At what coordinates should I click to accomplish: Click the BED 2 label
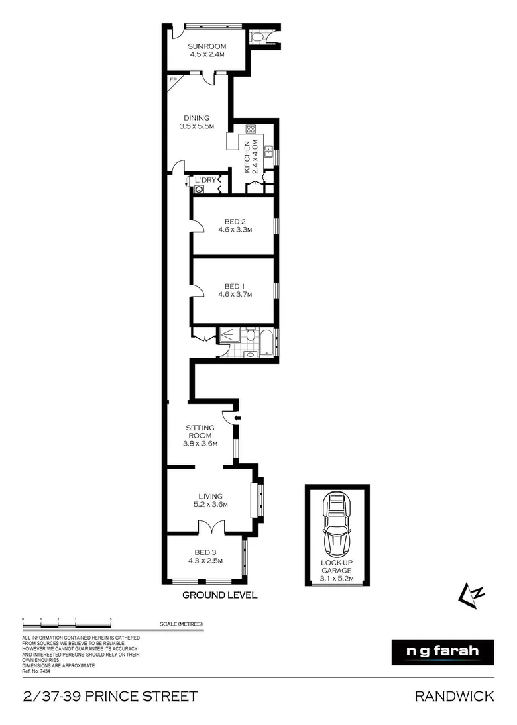tap(234, 225)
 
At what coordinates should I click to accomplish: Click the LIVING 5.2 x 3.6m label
tap(210, 501)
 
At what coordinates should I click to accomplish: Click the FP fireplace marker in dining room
tap(172, 81)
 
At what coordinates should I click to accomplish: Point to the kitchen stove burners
tap(251, 130)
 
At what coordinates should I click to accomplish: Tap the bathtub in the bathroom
tap(267, 342)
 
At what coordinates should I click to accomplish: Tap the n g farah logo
tap(442, 652)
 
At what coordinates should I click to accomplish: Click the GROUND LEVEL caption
tap(220, 595)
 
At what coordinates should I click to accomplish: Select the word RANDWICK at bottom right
tap(455, 696)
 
